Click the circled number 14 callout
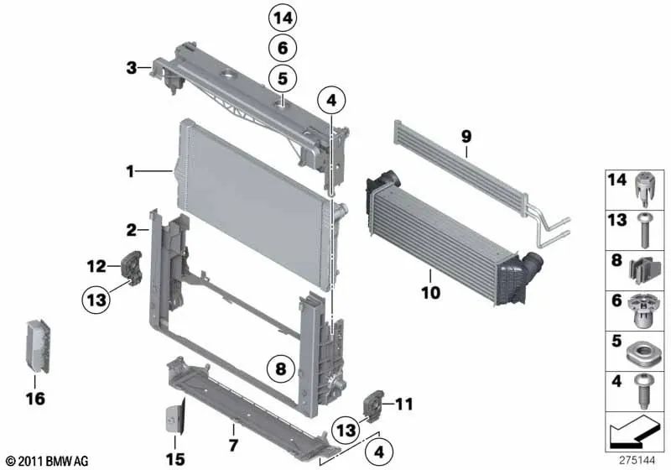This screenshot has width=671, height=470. tap(283, 18)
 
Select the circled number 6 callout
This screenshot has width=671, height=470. tap(283, 48)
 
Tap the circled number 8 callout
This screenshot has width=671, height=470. tap(281, 367)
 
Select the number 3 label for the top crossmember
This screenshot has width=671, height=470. tap(131, 66)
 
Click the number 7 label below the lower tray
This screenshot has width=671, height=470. tap(234, 442)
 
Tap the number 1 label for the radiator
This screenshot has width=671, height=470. tap(131, 172)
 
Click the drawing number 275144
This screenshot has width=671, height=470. tap(638, 459)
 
